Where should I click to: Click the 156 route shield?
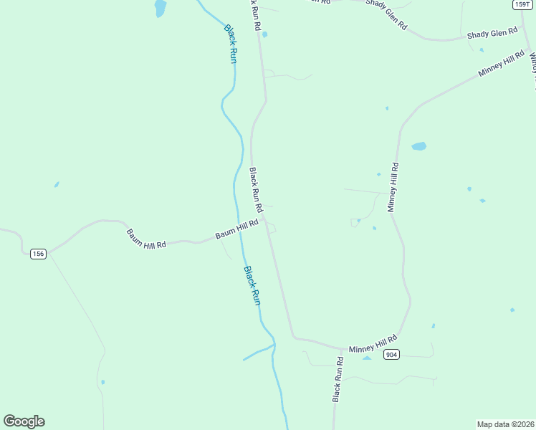pos(39,254)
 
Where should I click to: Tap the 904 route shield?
pos(391,355)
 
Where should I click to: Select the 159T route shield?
pos(522,4)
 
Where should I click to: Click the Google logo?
pos(24,421)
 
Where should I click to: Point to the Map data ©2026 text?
pos(505,424)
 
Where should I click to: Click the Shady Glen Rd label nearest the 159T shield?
pos(492,33)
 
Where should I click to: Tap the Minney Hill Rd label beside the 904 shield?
pos(373,344)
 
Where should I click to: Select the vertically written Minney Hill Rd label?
pos(392,187)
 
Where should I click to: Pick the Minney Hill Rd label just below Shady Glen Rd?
pos(502,64)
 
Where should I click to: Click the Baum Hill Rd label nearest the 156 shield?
pos(146,239)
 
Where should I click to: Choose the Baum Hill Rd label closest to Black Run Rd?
pos(236,230)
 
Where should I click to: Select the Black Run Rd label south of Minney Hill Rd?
pos(338,380)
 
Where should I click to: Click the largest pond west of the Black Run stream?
pos(160,8)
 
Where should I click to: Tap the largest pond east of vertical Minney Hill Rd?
pos(418,146)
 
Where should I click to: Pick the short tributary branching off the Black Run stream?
pos(258,353)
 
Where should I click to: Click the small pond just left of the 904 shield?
pos(367,357)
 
